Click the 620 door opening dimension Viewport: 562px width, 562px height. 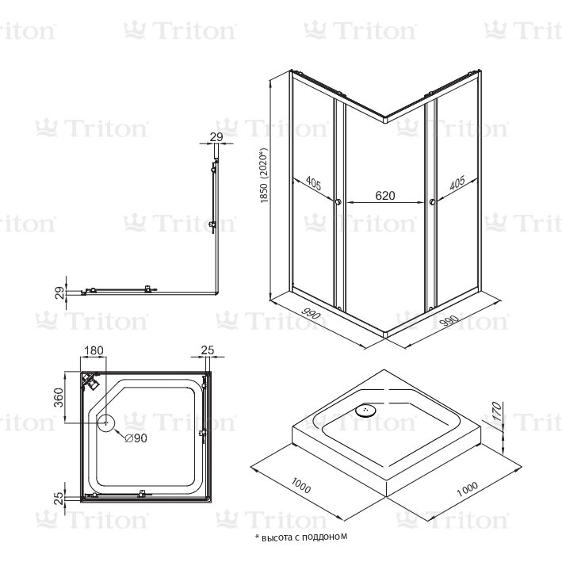[385, 196]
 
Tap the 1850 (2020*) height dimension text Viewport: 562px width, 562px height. [264, 176]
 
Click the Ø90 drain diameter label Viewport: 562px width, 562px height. [136, 438]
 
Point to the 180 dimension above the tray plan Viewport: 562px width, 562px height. [94, 350]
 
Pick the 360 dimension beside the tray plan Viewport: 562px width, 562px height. [58, 397]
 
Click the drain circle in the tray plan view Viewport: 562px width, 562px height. [106, 423]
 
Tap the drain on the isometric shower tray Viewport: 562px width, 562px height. [366, 409]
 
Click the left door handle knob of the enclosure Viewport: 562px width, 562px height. [338, 202]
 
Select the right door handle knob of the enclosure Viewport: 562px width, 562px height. [433, 202]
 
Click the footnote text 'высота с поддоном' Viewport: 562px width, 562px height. [304, 537]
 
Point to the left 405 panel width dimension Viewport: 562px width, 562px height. [313, 183]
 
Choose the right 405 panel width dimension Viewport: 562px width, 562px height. [457, 182]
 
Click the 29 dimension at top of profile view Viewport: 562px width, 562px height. [216, 137]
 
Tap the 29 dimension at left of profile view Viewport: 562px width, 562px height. [60, 292]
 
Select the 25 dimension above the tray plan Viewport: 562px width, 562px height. [208, 350]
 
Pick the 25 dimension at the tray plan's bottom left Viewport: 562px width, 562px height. [59, 499]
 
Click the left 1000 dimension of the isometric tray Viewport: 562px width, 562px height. [300, 485]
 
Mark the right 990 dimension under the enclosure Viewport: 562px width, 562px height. [449, 321]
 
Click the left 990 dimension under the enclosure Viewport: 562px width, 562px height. [311, 314]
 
